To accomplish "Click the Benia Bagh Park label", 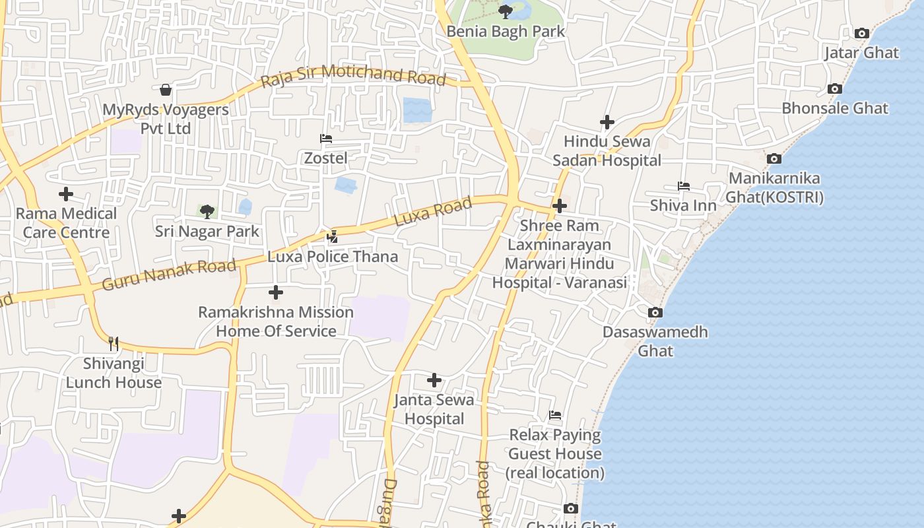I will coord(506,31).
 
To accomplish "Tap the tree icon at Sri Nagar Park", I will coord(207,212).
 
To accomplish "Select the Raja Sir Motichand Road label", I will coord(353,75).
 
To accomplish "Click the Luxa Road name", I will coord(433,211).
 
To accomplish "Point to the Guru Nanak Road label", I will coord(169,275).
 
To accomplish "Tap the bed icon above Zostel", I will coord(325,139).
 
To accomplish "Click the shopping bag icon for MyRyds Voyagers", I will coord(166,89).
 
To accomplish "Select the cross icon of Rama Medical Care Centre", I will coord(66,194).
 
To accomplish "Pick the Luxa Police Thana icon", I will coord(333,236).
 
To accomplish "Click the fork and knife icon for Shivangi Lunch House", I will coord(114,343).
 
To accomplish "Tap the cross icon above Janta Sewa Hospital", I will coord(434,380).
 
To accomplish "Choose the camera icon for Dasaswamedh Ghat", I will coord(655,312).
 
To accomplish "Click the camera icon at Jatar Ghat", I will coord(861,33).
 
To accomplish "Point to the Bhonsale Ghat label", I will coord(835,108).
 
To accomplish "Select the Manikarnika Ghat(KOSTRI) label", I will coord(774,187).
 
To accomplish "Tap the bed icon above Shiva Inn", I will coord(683,186).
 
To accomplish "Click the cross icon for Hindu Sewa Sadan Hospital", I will coord(607,122).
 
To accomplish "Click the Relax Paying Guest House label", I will coord(555,454).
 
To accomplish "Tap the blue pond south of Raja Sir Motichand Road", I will coord(417,110).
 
